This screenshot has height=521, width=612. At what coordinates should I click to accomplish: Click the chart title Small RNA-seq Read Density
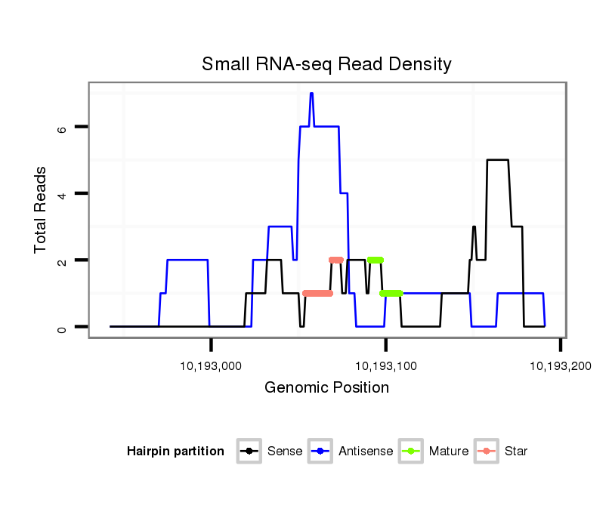pyautogui.click(x=326, y=64)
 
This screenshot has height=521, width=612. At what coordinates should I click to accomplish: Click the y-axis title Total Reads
pyautogui.click(x=41, y=210)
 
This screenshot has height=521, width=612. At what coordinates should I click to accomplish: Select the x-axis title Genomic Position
pyautogui.click(x=326, y=388)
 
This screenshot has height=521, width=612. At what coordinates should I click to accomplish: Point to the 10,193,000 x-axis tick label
pyautogui.click(x=211, y=366)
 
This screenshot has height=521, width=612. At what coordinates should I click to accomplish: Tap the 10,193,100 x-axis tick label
pyautogui.click(x=385, y=366)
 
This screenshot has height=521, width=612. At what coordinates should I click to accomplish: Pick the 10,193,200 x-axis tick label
pyautogui.click(x=560, y=366)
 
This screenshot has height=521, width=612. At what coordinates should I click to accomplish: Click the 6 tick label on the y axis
pyautogui.click(x=63, y=128)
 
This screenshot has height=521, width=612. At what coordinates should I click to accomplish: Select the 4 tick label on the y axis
pyautogui.click(x=63, y=194)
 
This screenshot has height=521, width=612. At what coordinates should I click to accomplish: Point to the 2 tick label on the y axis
pyautogui.click(x=63, y=260)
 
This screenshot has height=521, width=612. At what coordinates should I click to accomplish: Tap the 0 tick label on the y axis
pyautogui.click(x=63, y=327)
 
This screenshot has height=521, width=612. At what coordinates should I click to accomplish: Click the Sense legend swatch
pyautogui.click(x=249, y=452)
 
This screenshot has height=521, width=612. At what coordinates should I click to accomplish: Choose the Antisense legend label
pyautogui.click(x=366, y=452)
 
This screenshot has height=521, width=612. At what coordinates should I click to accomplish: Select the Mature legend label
pyautogui.click(x=449, y=452)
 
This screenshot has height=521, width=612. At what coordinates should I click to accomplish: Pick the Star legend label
pyautogui.click(x=516, y=452)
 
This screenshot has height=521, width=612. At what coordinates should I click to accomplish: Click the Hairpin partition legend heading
pyautogui.click(x=175, y=452)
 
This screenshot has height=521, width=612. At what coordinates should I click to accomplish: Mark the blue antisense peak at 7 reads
pyautogui.click(x=311, y=94)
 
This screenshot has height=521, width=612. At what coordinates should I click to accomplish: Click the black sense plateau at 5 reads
pyautogui.click(x=497, y=160)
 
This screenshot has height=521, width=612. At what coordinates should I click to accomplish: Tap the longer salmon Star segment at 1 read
pyautogui.click(x=317, y=293)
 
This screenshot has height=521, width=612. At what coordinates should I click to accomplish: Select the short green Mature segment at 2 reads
pyautogui.click(x=376, y=260)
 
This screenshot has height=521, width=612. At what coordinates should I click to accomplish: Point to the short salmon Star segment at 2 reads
pyautogui.click(x=336, y=260)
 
